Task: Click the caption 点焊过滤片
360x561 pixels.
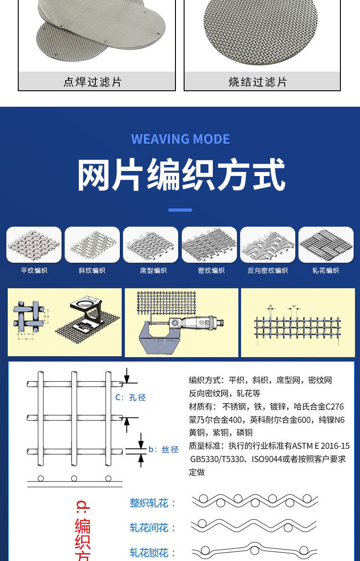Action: click(x=93, y=82)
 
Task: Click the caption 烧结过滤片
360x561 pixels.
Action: click(x=258, y=82)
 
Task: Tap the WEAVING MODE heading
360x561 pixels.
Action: click(x=180, y=139)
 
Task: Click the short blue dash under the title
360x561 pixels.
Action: click(x=180, y=210)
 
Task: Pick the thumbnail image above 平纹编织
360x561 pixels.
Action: click(x=34, y=245)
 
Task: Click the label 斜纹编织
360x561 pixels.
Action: click(x=92, y=270)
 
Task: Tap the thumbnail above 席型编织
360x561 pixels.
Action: click(x=150, y=245)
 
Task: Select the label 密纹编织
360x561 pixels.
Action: click(x=211, y=270)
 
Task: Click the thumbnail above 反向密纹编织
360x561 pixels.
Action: click(x=267, y=245)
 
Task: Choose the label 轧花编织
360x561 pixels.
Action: click(x=325, y=270)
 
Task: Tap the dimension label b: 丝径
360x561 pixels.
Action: click(x=164, y=449)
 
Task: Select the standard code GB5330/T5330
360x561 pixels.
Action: click(x=219, y=459)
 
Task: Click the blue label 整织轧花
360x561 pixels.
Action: click(x=153, y=503)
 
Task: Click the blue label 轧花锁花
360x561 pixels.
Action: click(x=153, y=553)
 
